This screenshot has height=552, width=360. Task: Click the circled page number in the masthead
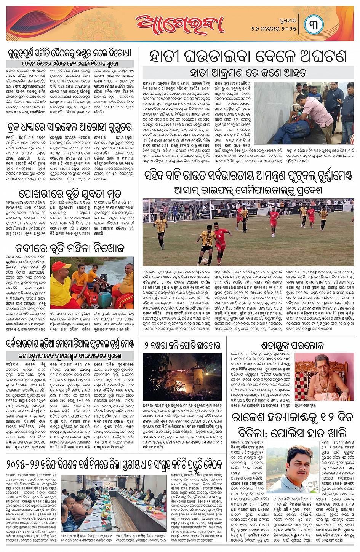[314, 24]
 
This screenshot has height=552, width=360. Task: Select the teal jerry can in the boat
[104, 299]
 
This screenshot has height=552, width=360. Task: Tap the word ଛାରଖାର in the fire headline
[206, 345]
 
